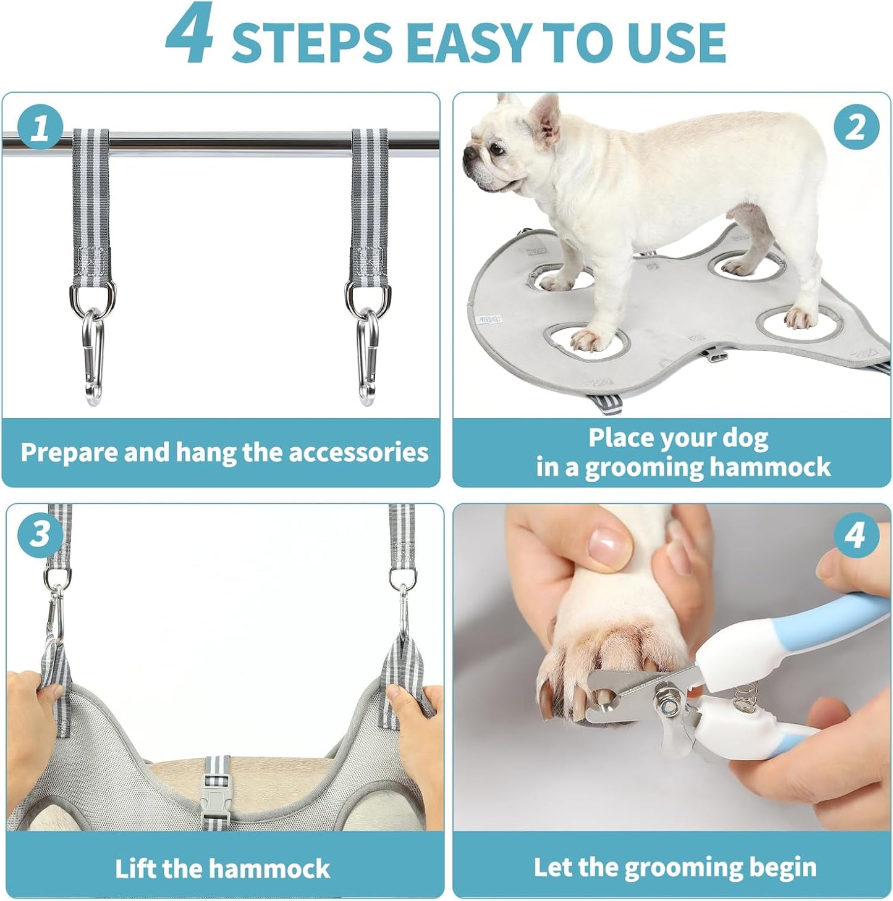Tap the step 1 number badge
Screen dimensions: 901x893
40,128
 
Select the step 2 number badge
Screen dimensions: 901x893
855,128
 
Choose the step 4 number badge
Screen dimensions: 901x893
855,534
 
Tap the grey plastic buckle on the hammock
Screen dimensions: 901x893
217,793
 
